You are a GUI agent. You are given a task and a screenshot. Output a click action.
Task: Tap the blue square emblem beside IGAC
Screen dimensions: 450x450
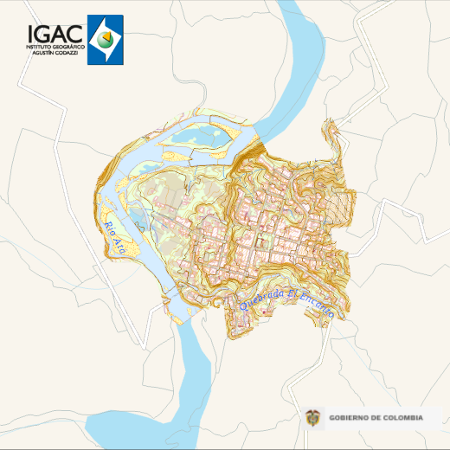(x=106, y=39)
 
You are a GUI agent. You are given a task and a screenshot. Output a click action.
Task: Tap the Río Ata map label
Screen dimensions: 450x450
(x=115, y=238)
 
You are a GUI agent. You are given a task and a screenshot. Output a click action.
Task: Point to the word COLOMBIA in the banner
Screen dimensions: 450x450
(x=402, y=418)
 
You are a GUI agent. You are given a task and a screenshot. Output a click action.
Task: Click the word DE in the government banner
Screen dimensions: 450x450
(x=376, y=418)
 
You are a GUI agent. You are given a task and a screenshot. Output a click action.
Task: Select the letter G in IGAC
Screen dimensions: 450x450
(x=44, y=33)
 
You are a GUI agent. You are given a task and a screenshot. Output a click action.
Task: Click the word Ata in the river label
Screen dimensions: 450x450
(x=120, y=247)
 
